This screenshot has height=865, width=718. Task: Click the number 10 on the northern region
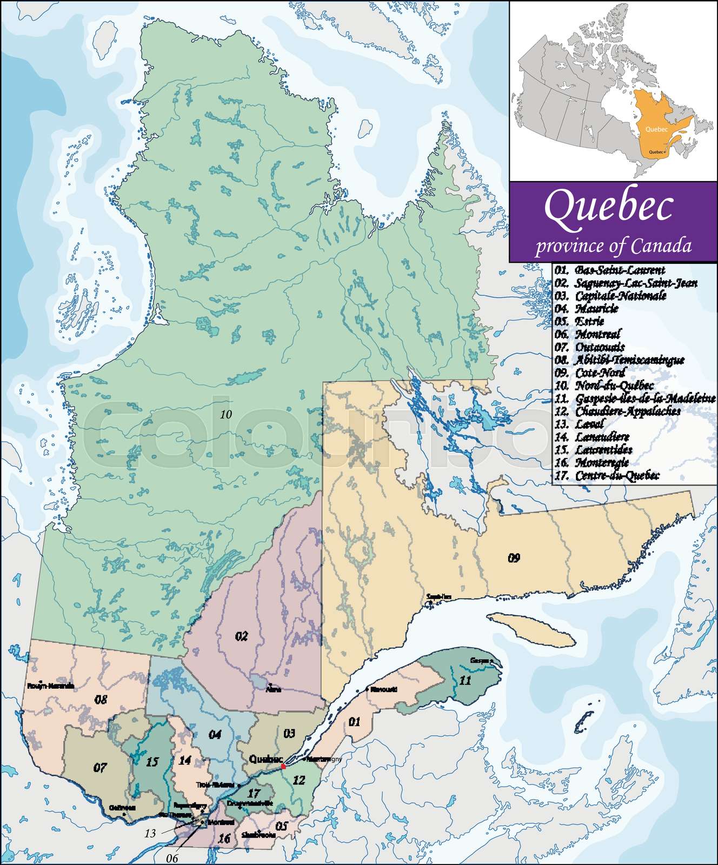pyautogui.click(x=226, y=415)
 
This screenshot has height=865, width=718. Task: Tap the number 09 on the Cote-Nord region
pyautogui.click(x=514, y=557)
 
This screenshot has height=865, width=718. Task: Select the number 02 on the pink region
pyautogui.click(x=241, y=636)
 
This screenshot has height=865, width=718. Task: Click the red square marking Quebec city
pyautogui.click(x=283, y=766)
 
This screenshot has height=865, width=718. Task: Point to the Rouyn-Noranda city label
pyautogui.click(x=50, y=686)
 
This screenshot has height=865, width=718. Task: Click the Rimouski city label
pyautogui.click(x=384, y=689)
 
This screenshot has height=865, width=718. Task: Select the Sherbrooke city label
pyautogui.click(x=259, y=835)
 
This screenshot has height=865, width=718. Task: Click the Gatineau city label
pyautogui.click(x=122, y=808)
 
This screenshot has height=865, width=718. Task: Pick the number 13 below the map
pyautogui.click(x=150, y=834)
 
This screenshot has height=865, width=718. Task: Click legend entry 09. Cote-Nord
pyautogui.click(x=590, y=372)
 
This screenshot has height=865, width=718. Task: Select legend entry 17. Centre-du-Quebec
pyautogui.click(x=607, y=476)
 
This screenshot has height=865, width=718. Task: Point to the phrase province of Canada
pyautogui.click(x=613, y=246)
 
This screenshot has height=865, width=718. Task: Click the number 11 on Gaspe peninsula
pyautogui.click(x=465, y=680)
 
